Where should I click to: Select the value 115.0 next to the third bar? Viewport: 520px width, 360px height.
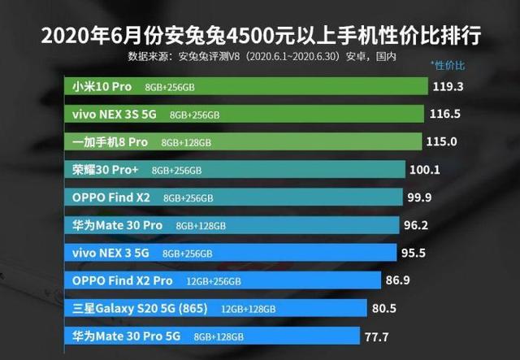click(442, 141)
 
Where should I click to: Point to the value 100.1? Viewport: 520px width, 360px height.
click(423, 170)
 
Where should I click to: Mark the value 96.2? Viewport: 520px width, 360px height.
click(416, 225)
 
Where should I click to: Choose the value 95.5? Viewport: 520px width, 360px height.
click(414, 253)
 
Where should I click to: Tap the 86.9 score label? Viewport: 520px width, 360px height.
click(399, 280)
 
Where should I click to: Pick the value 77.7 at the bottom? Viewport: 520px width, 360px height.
click(379, 336)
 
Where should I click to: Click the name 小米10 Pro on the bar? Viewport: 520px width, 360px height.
click(100, 86)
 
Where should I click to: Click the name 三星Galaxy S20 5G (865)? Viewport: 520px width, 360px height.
click(140, 308)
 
